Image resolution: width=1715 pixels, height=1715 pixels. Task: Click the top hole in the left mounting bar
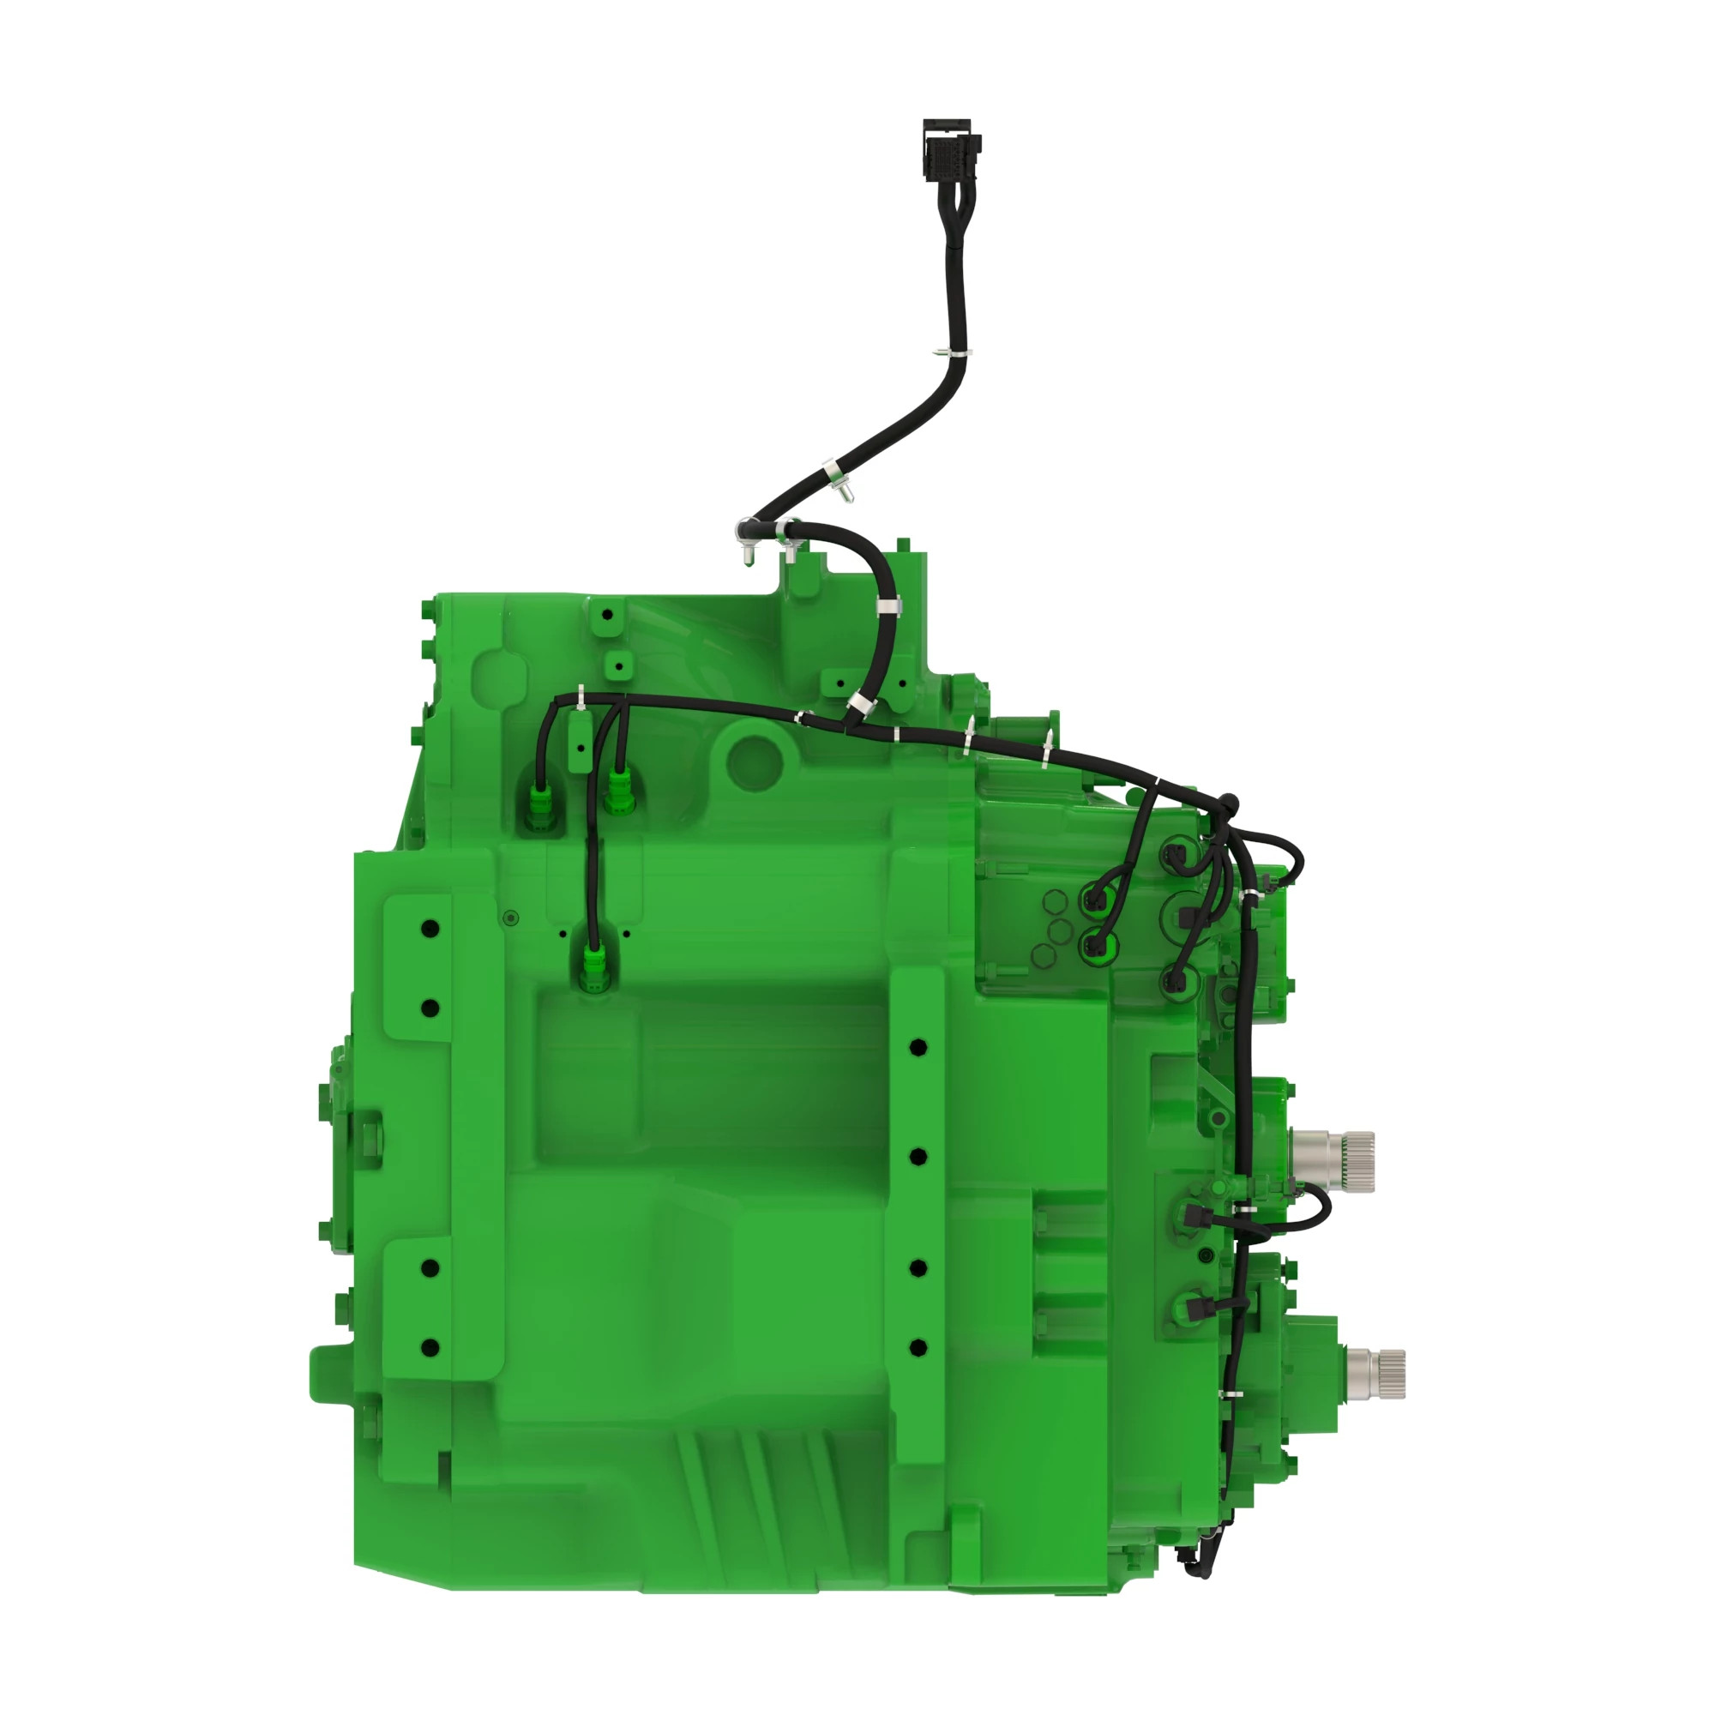coord(430,930)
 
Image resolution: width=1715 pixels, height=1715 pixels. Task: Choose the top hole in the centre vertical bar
coord(918,1048)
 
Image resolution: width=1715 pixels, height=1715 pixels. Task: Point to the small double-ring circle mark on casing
coord(509,918)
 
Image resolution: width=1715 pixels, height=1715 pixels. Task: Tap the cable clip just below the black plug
coord(957,353)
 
